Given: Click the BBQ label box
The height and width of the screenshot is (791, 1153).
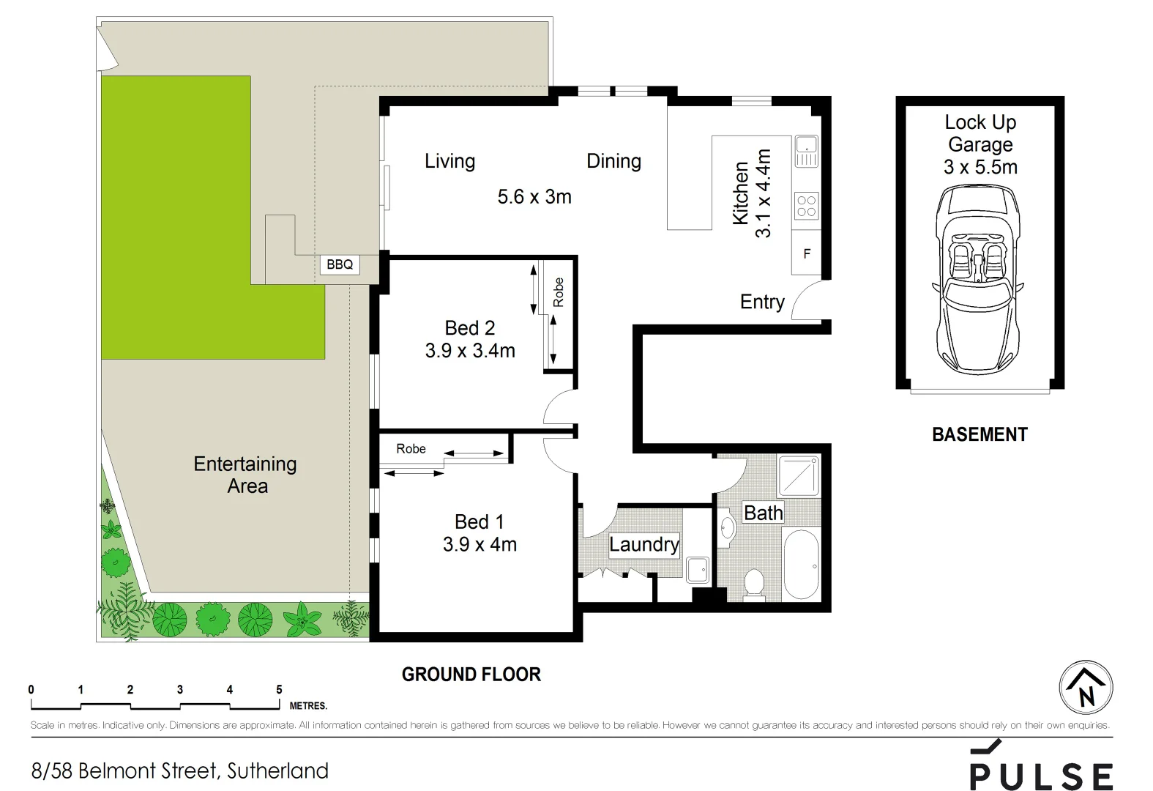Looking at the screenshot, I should [340, 264].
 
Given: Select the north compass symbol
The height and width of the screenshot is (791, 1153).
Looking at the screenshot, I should [1086, 688].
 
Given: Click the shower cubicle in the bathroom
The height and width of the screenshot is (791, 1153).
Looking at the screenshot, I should [799, 475].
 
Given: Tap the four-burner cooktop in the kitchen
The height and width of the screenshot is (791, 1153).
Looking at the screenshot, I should [806, 205].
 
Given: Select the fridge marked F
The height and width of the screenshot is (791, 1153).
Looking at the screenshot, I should [807, 254].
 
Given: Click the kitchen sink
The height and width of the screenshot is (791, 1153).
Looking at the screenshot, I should [806, 151].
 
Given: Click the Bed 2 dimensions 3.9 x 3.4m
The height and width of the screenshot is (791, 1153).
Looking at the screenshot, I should [470, 351].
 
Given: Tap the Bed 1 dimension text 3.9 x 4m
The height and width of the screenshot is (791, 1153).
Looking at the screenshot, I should [480, 545].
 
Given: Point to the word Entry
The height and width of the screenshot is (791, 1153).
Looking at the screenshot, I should [762, 302].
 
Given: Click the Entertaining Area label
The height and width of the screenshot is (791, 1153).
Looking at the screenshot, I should [246, 475].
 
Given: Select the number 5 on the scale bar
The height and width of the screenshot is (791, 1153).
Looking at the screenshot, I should [279, 689].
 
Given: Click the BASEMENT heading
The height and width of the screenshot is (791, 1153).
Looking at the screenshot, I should [980, 434].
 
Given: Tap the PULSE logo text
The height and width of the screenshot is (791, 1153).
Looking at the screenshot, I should [1041, 775].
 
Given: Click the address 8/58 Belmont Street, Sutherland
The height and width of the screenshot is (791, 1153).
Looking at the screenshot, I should [180, 770].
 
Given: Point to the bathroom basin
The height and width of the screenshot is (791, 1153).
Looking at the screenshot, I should [726, 529].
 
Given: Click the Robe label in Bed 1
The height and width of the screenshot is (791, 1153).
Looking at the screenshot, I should [411, 449].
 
